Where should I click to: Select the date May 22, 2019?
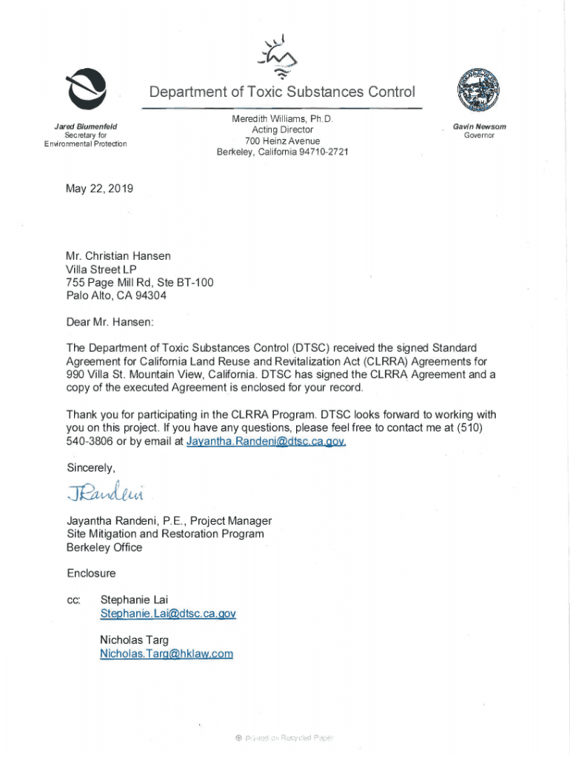point(99,189)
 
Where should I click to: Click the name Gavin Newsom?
point(480,127)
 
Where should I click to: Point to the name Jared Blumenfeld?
point(86,127)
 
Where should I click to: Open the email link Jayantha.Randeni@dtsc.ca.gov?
point(266,442)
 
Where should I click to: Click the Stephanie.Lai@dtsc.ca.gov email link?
point(168,614)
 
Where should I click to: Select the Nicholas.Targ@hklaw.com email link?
point(167,654)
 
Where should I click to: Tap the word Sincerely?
point(90,468)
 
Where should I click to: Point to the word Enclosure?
point(91,573)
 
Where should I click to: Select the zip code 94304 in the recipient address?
point(150,295)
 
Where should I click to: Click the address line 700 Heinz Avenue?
point(282,141)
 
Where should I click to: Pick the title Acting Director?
point(282,130)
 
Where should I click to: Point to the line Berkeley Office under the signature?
point(104,547)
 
